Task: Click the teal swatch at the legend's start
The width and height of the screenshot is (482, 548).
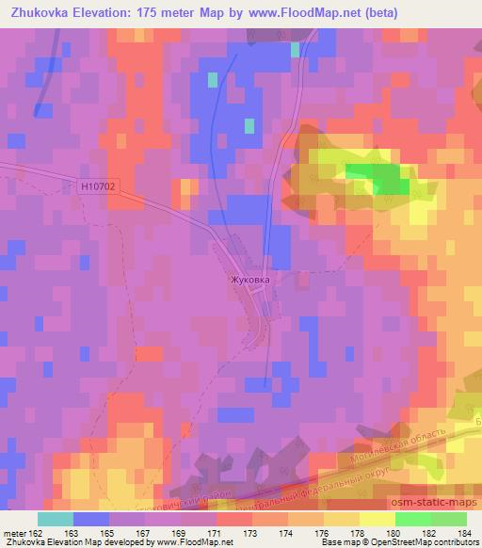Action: [56, 518]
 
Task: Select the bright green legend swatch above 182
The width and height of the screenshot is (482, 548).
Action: [413, 518]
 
